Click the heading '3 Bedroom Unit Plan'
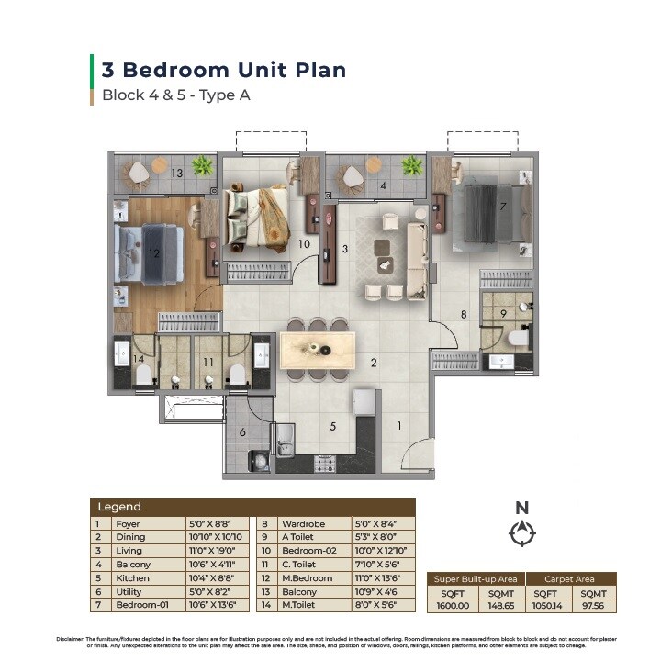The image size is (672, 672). (x=223, y=70)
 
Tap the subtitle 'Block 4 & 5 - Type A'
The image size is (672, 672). (x=176, y=95)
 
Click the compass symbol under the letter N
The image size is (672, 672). (x=521, y=533)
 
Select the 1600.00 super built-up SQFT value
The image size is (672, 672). (x=452, y=606)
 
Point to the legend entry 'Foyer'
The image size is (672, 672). (x=128, y=524)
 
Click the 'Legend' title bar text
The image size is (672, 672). (x=119, y=507)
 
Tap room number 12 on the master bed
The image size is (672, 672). (x=154, y=252)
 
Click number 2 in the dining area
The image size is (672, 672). (x=374, y=363)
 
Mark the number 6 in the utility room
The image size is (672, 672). (x=242, y=432)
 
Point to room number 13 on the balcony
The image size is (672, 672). (x=176, y=173)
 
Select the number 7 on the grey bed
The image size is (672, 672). (x=502, y=206)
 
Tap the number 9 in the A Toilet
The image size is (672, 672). (x=503, y=313)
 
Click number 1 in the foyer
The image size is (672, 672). (x=399, y=425)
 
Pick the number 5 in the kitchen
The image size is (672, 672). (x=333, y=425)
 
